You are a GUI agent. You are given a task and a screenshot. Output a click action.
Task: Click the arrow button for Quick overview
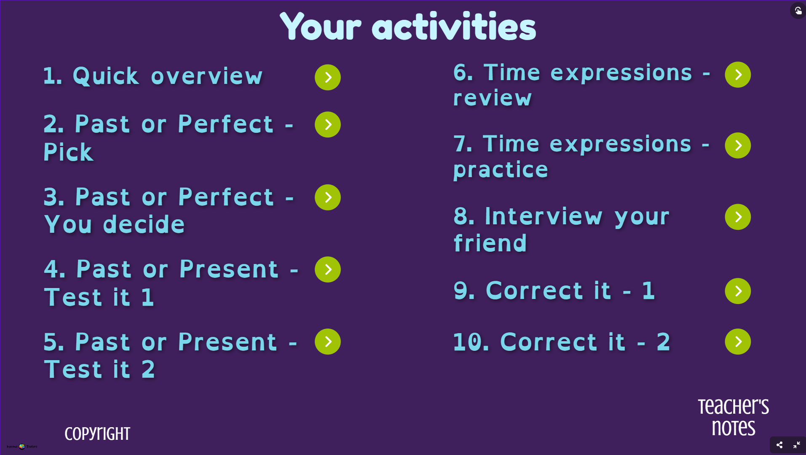(327, 77)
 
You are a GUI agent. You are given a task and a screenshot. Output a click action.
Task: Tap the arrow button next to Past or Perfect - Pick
(327, 124)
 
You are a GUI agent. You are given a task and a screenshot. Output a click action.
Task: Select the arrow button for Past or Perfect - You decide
(327, 197)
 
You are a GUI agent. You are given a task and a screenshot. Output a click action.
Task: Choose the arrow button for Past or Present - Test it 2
(327, 342)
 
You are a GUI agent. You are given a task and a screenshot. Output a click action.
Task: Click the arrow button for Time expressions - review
(737, 75)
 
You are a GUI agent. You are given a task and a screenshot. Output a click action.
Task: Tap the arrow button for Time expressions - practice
(737, 145)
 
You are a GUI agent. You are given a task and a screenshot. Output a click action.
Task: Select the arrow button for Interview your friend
(737, 217)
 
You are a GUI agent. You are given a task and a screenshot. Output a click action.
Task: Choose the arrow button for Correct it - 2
(737, 342)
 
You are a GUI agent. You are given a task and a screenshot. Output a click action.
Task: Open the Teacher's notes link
(733, 417)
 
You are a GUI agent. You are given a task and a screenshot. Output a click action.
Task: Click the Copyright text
(97, 434)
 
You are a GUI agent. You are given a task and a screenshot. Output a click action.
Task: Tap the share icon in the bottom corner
(779, 445)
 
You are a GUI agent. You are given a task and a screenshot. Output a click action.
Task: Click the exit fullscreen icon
(796, 445)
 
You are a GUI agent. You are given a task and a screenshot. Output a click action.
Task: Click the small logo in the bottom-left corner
(22, 446)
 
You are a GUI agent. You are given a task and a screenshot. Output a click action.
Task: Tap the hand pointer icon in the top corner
(798, 10)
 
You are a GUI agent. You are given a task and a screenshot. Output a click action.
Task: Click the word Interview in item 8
(544, 216)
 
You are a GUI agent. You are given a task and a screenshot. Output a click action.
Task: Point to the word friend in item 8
(490, 243)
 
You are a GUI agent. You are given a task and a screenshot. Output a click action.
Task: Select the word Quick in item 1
(105, 76)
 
